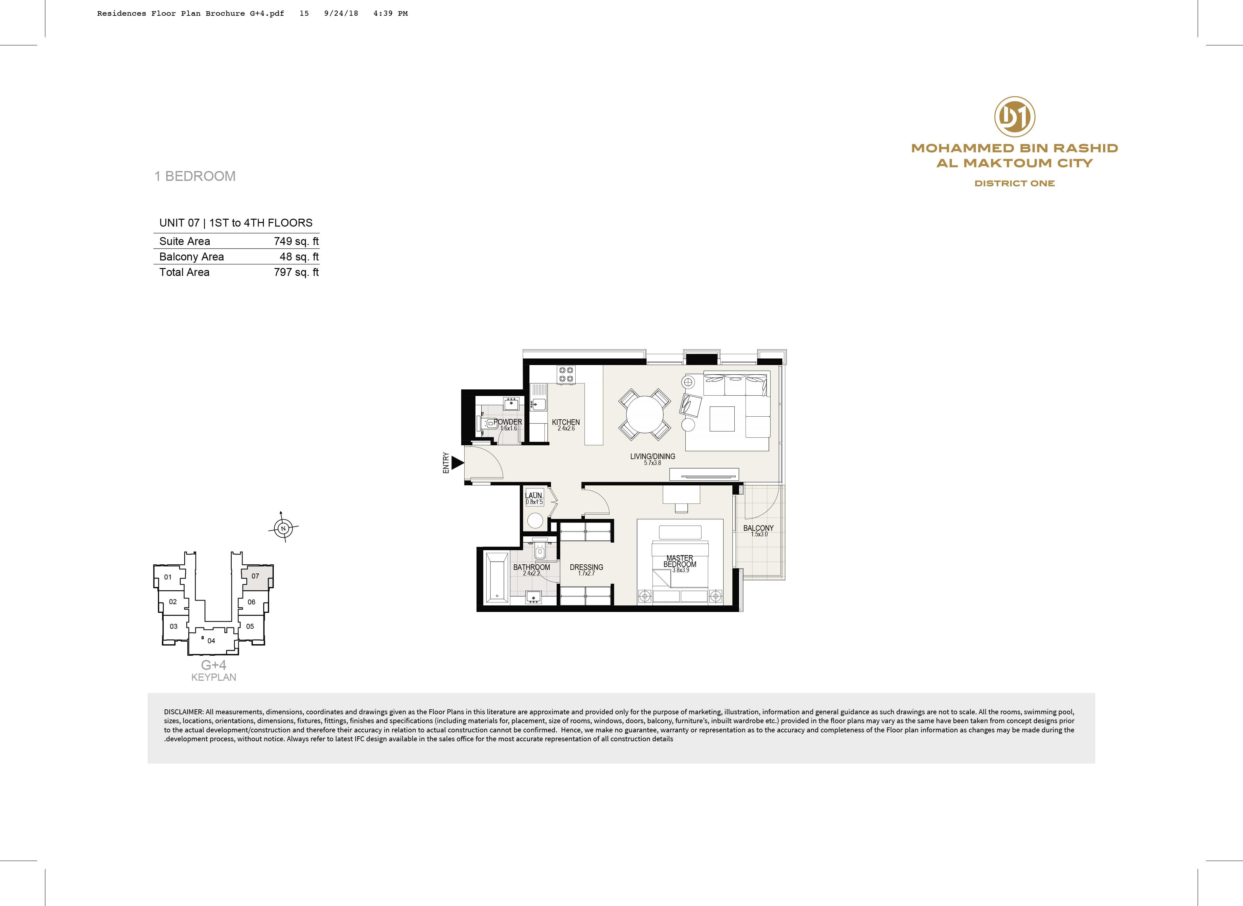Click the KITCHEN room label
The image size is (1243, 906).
(565, 422)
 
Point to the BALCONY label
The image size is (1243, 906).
(758, 528)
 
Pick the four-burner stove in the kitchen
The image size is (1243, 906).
(566, 375)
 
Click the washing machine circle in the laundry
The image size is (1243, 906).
(534, 520)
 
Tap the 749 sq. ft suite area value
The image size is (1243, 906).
(296, 241)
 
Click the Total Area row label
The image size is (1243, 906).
(184, 272)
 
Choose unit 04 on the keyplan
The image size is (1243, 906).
(212, 641)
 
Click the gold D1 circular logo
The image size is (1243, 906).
(1014, 116)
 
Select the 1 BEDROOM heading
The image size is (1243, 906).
(195, 176)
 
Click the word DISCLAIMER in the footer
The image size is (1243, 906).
(184, 712)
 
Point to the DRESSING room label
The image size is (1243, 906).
(587, 567)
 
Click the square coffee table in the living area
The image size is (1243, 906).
(722, 419)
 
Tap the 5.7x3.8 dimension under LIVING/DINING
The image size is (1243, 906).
(653, 463)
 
